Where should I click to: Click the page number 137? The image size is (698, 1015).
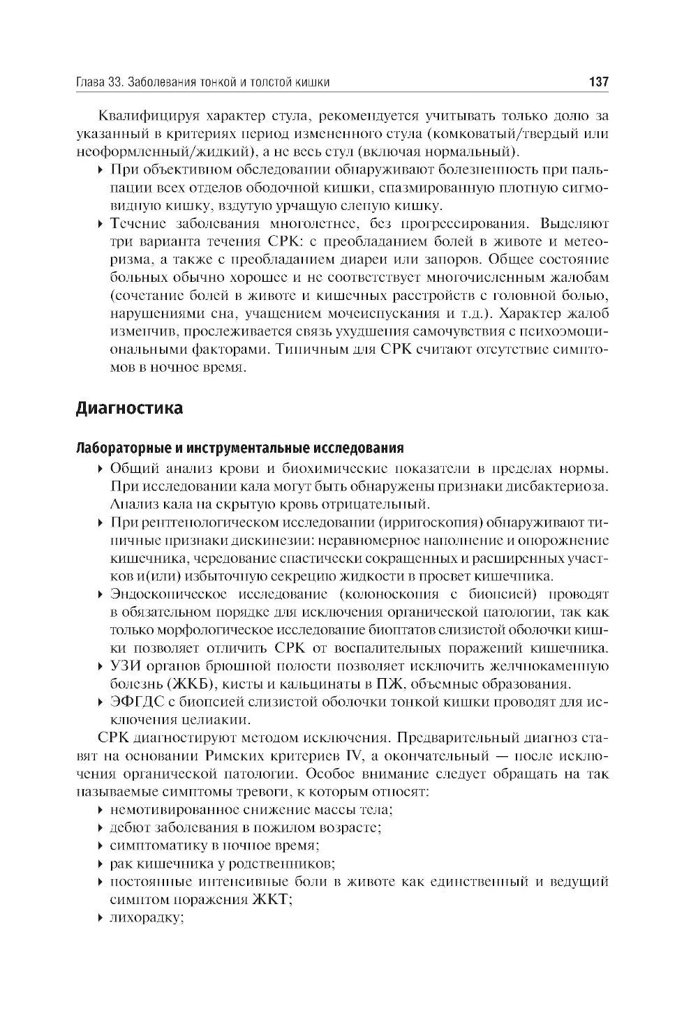[x=599, y=82]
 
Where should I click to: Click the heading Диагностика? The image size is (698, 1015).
[x=129, y=408]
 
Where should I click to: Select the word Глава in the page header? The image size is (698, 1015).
[x=90, y=82]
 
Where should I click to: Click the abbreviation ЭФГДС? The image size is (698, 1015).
[x=133, y=702]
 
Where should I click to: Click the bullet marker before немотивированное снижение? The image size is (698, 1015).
[x=102, y=810]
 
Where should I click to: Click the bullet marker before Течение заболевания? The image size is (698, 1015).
[x=102, y=224]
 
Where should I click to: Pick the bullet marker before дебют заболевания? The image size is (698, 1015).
[x=102, y=828]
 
